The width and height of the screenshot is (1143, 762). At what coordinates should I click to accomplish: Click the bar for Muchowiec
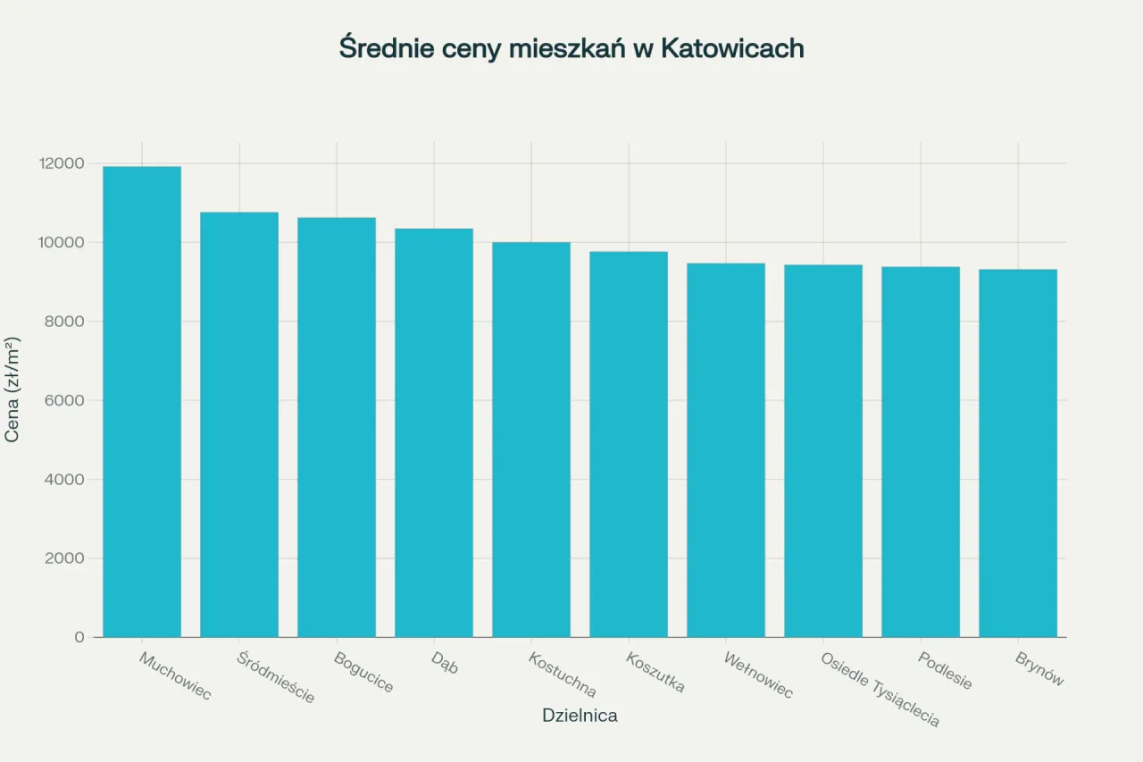(x=142, y=402)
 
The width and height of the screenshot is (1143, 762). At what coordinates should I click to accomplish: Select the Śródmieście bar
(x=239, y=424)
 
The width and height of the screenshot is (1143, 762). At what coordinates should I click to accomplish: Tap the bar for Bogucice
(x=337, y=427)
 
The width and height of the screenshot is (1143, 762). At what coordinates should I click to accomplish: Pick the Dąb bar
(x=434, y=432)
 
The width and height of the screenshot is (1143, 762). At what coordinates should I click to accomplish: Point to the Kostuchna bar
(x=531, y=440)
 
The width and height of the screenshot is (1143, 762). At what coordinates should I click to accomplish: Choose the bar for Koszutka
(x=629, y=444)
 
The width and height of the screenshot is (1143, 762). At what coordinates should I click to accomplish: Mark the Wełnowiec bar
(x=726, y=450)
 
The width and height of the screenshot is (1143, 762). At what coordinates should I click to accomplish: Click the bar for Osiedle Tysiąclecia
(x=823, y=451)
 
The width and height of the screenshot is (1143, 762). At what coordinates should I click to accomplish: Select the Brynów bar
(x=1018, y=453)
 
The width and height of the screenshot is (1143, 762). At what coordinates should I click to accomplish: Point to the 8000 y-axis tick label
(x=65, y=322)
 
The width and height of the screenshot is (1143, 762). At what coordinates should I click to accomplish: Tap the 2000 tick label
(x=65, y=558)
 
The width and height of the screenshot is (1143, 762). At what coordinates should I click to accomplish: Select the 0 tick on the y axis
(x=79, y=637)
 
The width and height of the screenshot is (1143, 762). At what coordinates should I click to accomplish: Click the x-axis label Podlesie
(x=945, y=670)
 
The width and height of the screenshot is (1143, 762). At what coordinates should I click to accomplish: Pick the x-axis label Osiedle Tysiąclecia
(x=880, y=689)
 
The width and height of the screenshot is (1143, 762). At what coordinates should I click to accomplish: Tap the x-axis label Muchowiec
(x=175, y=675)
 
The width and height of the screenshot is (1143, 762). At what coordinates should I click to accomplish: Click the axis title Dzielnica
(x=580, y=716)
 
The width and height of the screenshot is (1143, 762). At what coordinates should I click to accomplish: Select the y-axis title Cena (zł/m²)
(x=13, y=389)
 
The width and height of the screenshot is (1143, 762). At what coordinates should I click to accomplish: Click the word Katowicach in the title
(x=732, y=48)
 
